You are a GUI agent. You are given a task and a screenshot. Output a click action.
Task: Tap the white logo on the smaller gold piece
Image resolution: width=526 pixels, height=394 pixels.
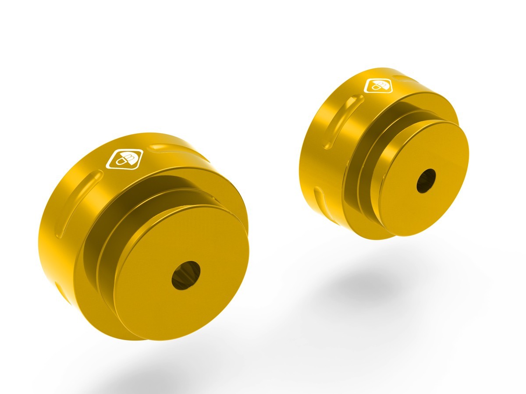378,85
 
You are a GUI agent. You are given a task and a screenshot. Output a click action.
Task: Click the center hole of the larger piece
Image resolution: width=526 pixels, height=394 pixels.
185,274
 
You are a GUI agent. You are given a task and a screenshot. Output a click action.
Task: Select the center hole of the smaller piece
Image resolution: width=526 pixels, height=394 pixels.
426,180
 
